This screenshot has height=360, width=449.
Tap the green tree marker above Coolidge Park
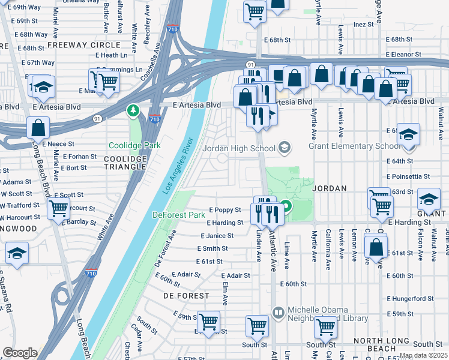pyautogui.click(x=133, y=110)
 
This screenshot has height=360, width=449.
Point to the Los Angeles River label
pyautogui.click(x=178, y=166)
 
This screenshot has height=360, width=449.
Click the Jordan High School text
pyautogui.click(x=238, y=148)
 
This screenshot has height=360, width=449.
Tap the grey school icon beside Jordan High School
pyautogui.click(x=285, y=148)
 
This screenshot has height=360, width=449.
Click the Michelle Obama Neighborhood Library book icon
pyautogui.click(x=278, y=312)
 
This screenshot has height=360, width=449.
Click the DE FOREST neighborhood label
pyautogui.click(x=187, y=296)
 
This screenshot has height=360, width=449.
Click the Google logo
pyautogui.click(x=20, y=353)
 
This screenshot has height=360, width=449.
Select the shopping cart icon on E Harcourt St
pyautogui.click(x=58, y=209)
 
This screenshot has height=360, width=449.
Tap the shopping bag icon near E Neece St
pyautogui.click(x=38, y=128)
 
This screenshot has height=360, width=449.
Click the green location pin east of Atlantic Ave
pyautogui.click(x=286, y=208)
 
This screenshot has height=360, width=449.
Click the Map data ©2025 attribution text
pyautogui.click(x=423, y=355)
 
